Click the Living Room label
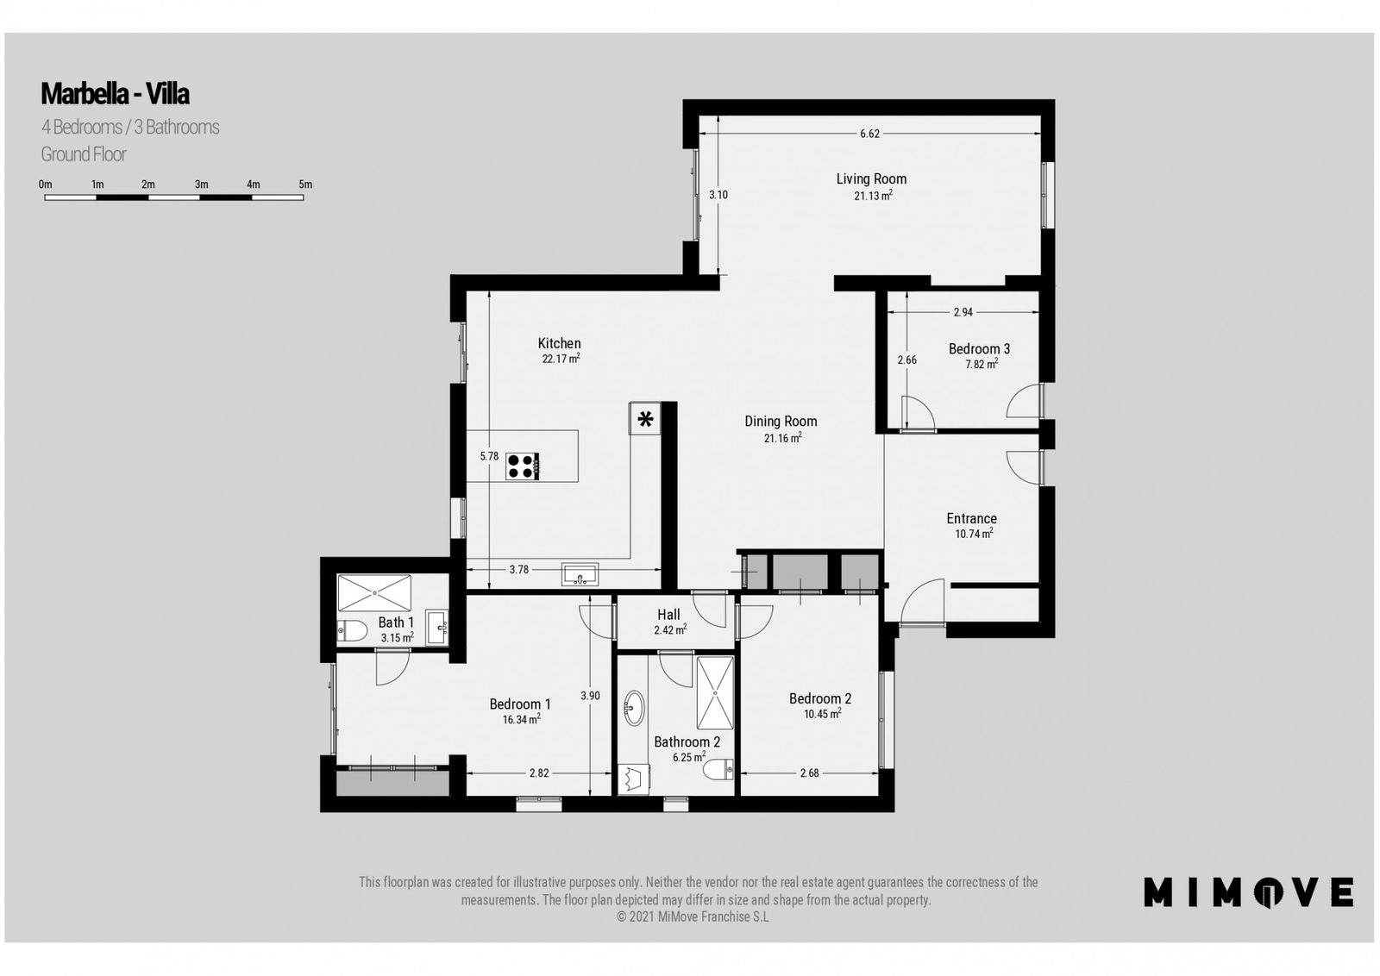(871, 179)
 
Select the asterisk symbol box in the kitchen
(645, 419)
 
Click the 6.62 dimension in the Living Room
(870, 134)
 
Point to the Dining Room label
(781, 422)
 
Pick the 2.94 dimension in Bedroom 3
(963, 312)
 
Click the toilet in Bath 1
(352, 630)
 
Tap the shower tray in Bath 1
(374, 593)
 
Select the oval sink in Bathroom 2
(634, 708)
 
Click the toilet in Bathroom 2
(718, 770)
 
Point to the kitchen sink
(580, 574)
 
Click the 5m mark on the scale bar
(305, 185)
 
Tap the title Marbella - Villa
(116, 94)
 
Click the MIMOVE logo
(1248, 892)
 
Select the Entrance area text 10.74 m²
(974, 534)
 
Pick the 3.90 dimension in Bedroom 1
(590, 696)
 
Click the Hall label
(668, 615)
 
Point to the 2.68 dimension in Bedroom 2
(810, 773)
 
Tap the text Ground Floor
(83, 154)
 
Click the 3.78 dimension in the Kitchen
(518, 570)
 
